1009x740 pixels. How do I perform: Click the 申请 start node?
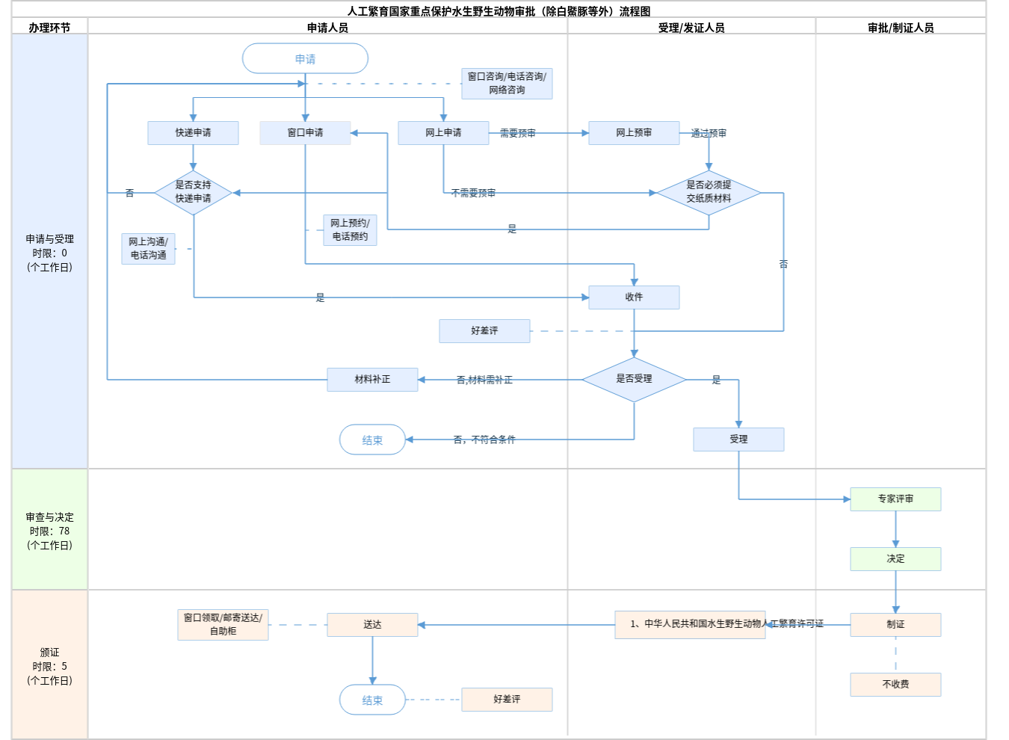[305, 58]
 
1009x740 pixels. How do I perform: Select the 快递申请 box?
[193, 132]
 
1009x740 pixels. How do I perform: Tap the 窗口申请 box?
[305, 132]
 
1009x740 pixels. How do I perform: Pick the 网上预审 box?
[634, 132]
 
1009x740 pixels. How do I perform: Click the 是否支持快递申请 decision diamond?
[193, 192]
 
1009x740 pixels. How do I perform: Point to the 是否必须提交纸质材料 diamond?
[709, 192]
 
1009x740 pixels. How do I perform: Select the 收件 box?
[634, 297]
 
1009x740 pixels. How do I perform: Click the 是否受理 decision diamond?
[634, 379]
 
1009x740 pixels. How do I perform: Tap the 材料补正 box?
[372, 379]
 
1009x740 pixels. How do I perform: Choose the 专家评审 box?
[895, 499]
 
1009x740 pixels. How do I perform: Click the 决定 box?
[895, 558]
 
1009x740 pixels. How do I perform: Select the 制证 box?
[895, 624]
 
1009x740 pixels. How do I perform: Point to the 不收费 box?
[895, 684]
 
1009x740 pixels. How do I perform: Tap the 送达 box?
[372, 624]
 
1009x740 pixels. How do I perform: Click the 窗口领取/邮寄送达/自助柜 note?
[223, 624]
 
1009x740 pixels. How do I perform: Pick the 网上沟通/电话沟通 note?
[148, 248]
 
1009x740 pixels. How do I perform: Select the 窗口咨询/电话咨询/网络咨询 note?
[507, 83]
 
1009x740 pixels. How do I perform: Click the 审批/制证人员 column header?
[901, 28]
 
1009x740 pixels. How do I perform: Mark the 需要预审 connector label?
[517, 133]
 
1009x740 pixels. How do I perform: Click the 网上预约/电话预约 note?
[350, 229]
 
